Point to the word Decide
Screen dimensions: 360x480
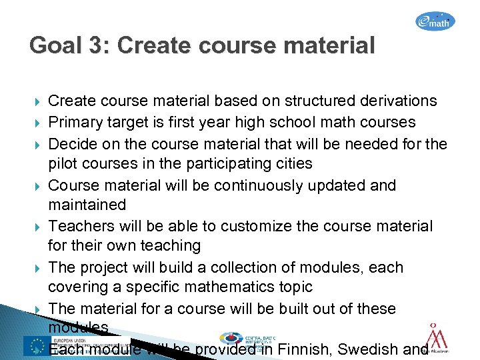tap(73, 143)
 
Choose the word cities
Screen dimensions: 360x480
tap(291, 164)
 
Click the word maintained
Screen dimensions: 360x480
tap(87, 205)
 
